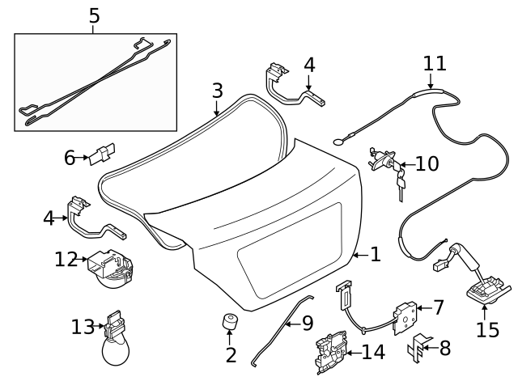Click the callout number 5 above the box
94,15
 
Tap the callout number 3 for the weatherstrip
217,91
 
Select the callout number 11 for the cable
435,63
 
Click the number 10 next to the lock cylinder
426,164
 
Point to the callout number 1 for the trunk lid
375,255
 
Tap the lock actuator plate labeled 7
405,316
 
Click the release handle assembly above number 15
484,283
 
